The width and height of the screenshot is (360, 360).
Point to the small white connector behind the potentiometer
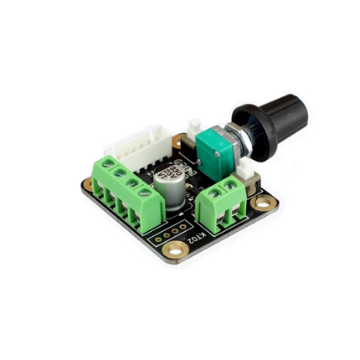coord(195,128)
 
